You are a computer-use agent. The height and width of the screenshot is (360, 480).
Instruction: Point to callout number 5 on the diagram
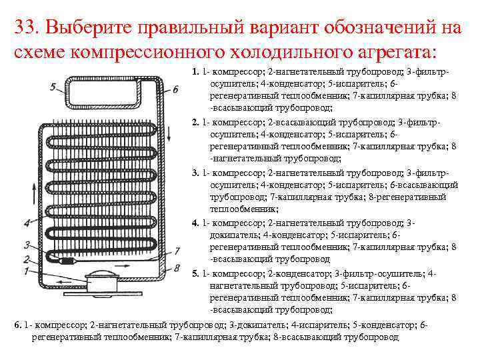[x=53, y=86]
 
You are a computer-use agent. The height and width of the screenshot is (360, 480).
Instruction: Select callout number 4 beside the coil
[x=26, y=223]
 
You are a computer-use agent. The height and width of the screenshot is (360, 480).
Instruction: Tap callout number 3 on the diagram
[x=26, y=244]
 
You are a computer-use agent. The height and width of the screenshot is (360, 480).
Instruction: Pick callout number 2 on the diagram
[x=26, y=259]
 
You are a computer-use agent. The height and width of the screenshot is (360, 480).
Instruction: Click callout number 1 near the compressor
[x=26, y=271]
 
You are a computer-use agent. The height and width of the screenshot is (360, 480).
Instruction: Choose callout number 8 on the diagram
[x=177, y=268]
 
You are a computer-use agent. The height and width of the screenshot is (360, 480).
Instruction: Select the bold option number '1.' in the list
[x=195, y=72]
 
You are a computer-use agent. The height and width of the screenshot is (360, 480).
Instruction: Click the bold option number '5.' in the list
[x=195, y=274]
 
